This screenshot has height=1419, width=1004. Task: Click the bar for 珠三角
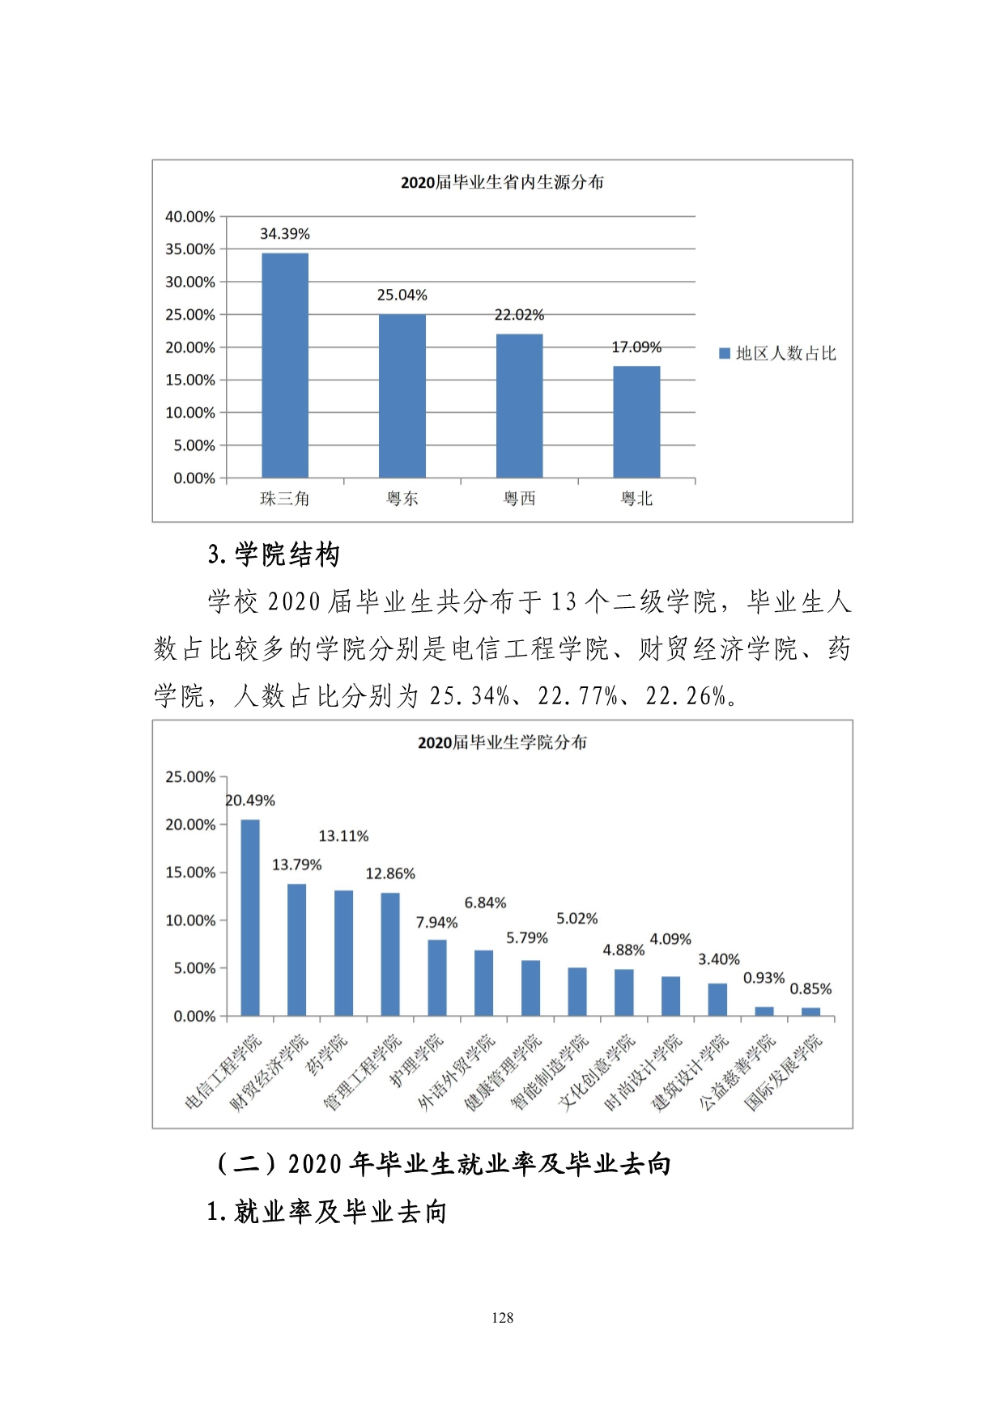(x=285, y=365)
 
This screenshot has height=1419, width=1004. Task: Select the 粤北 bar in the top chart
(x=636, y=422)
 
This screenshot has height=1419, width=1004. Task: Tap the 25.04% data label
(x=402, y=295)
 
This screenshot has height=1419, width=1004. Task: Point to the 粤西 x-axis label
(x=519, y=499)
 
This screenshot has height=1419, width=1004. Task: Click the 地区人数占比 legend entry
(x=778, y=354)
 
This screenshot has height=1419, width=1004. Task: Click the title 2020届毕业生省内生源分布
(x=502, y=183)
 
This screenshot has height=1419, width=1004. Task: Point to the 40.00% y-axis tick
(x=190, y=217)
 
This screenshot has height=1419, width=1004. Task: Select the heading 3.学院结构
(x=274, y=555)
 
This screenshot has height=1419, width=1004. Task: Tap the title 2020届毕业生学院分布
(x=502, y=742)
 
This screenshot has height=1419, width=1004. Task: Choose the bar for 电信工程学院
(x=250, y=918)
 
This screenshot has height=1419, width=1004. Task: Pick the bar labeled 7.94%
(x=437, y=978)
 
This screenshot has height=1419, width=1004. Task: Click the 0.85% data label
(x=810, y=989)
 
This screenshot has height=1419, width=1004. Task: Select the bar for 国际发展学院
(x=810, y=1012)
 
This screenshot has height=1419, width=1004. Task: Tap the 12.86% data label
(x=390, y=874)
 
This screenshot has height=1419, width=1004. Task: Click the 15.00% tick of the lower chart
(x=190, y=873)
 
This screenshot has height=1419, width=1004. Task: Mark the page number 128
(x=502, y=1318)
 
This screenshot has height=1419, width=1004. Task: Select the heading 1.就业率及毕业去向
(x=326, y=1212)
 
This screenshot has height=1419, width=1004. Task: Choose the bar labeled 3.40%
(x=717, y=1000)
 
